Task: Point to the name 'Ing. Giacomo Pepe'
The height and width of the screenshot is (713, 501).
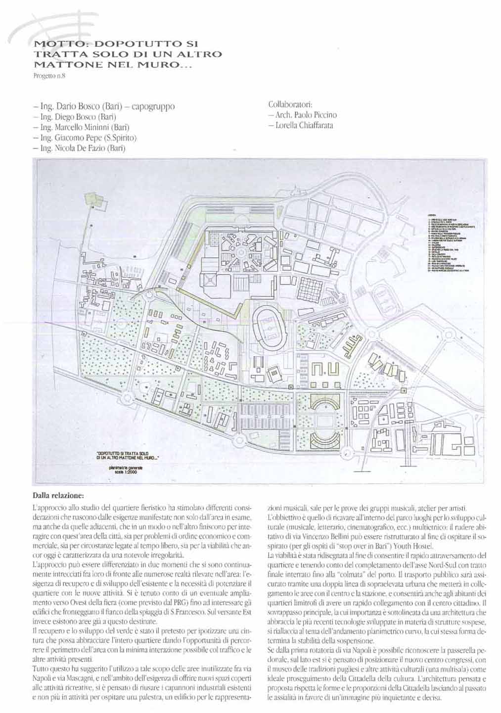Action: click(x=85, y=138)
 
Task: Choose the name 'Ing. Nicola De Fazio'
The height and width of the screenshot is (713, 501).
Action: click(x=79, y=148)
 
